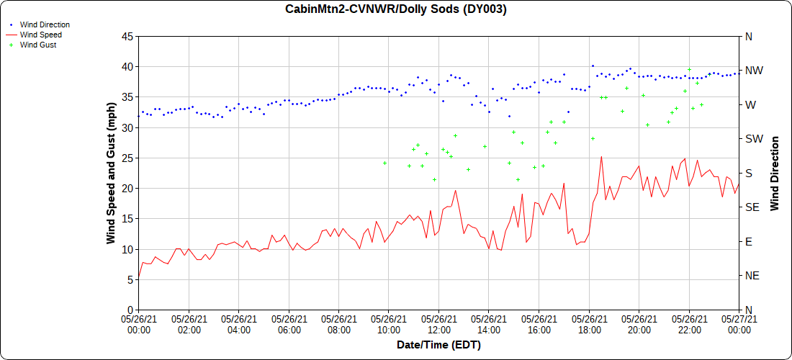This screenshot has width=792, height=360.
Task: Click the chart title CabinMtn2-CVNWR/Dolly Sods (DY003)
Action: coord(396,9)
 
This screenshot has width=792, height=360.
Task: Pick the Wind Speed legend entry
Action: coord(40,35)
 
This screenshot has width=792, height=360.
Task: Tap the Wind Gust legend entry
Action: coord(38,45)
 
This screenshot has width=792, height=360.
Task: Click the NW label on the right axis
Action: coord(754,71)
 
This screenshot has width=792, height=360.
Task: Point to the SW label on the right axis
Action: coord(754,139)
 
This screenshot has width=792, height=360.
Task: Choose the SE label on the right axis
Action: coord(752,207)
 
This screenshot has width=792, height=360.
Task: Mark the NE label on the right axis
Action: coord(752,276)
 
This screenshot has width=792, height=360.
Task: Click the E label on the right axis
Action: coord(748,241)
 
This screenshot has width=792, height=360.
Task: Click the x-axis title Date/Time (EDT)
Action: coord(438,345)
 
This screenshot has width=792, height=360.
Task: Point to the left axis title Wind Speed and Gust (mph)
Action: coord(111,173)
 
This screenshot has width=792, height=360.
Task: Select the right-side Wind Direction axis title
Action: coord(775,173)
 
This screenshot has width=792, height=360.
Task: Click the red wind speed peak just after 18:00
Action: coord(601,157)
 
